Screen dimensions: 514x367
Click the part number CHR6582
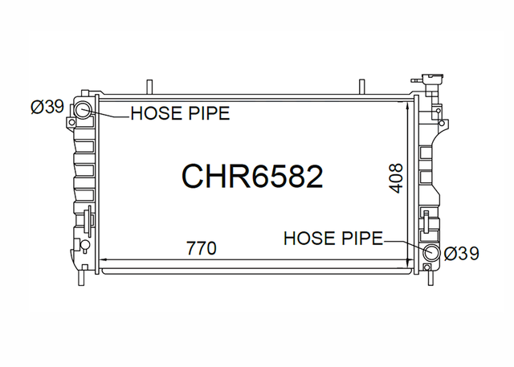click(252, 177)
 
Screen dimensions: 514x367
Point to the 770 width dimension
click(202, 248)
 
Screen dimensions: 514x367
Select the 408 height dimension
click(395, 178)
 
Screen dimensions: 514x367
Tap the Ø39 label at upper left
click(47, 107)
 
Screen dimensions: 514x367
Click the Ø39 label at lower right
click(462, 253)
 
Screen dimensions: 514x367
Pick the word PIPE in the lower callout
click(362, 239)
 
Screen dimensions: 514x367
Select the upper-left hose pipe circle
click(81, 109)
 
